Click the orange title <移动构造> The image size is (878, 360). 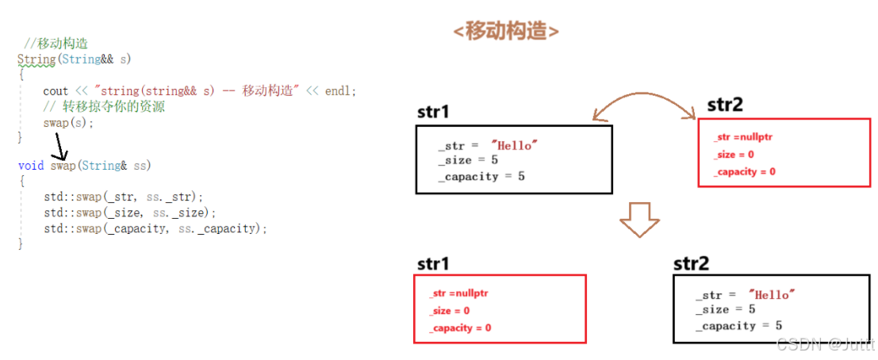coord(505,32)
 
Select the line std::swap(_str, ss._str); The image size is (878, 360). coord(124,196)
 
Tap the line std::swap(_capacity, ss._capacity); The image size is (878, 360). coord(155,228)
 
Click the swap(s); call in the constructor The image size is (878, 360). coord(69,123)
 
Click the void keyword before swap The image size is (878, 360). coord(31,165)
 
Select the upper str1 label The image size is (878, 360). coord(433,112)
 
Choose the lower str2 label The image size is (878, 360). coord(691,263)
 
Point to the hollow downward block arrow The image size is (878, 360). coord(639,220)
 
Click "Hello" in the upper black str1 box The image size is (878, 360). coord(515,146)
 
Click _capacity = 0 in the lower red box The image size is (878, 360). coord(460,327)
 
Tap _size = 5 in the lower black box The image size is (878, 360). coord(727,309)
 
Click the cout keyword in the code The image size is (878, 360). coord(56,91)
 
